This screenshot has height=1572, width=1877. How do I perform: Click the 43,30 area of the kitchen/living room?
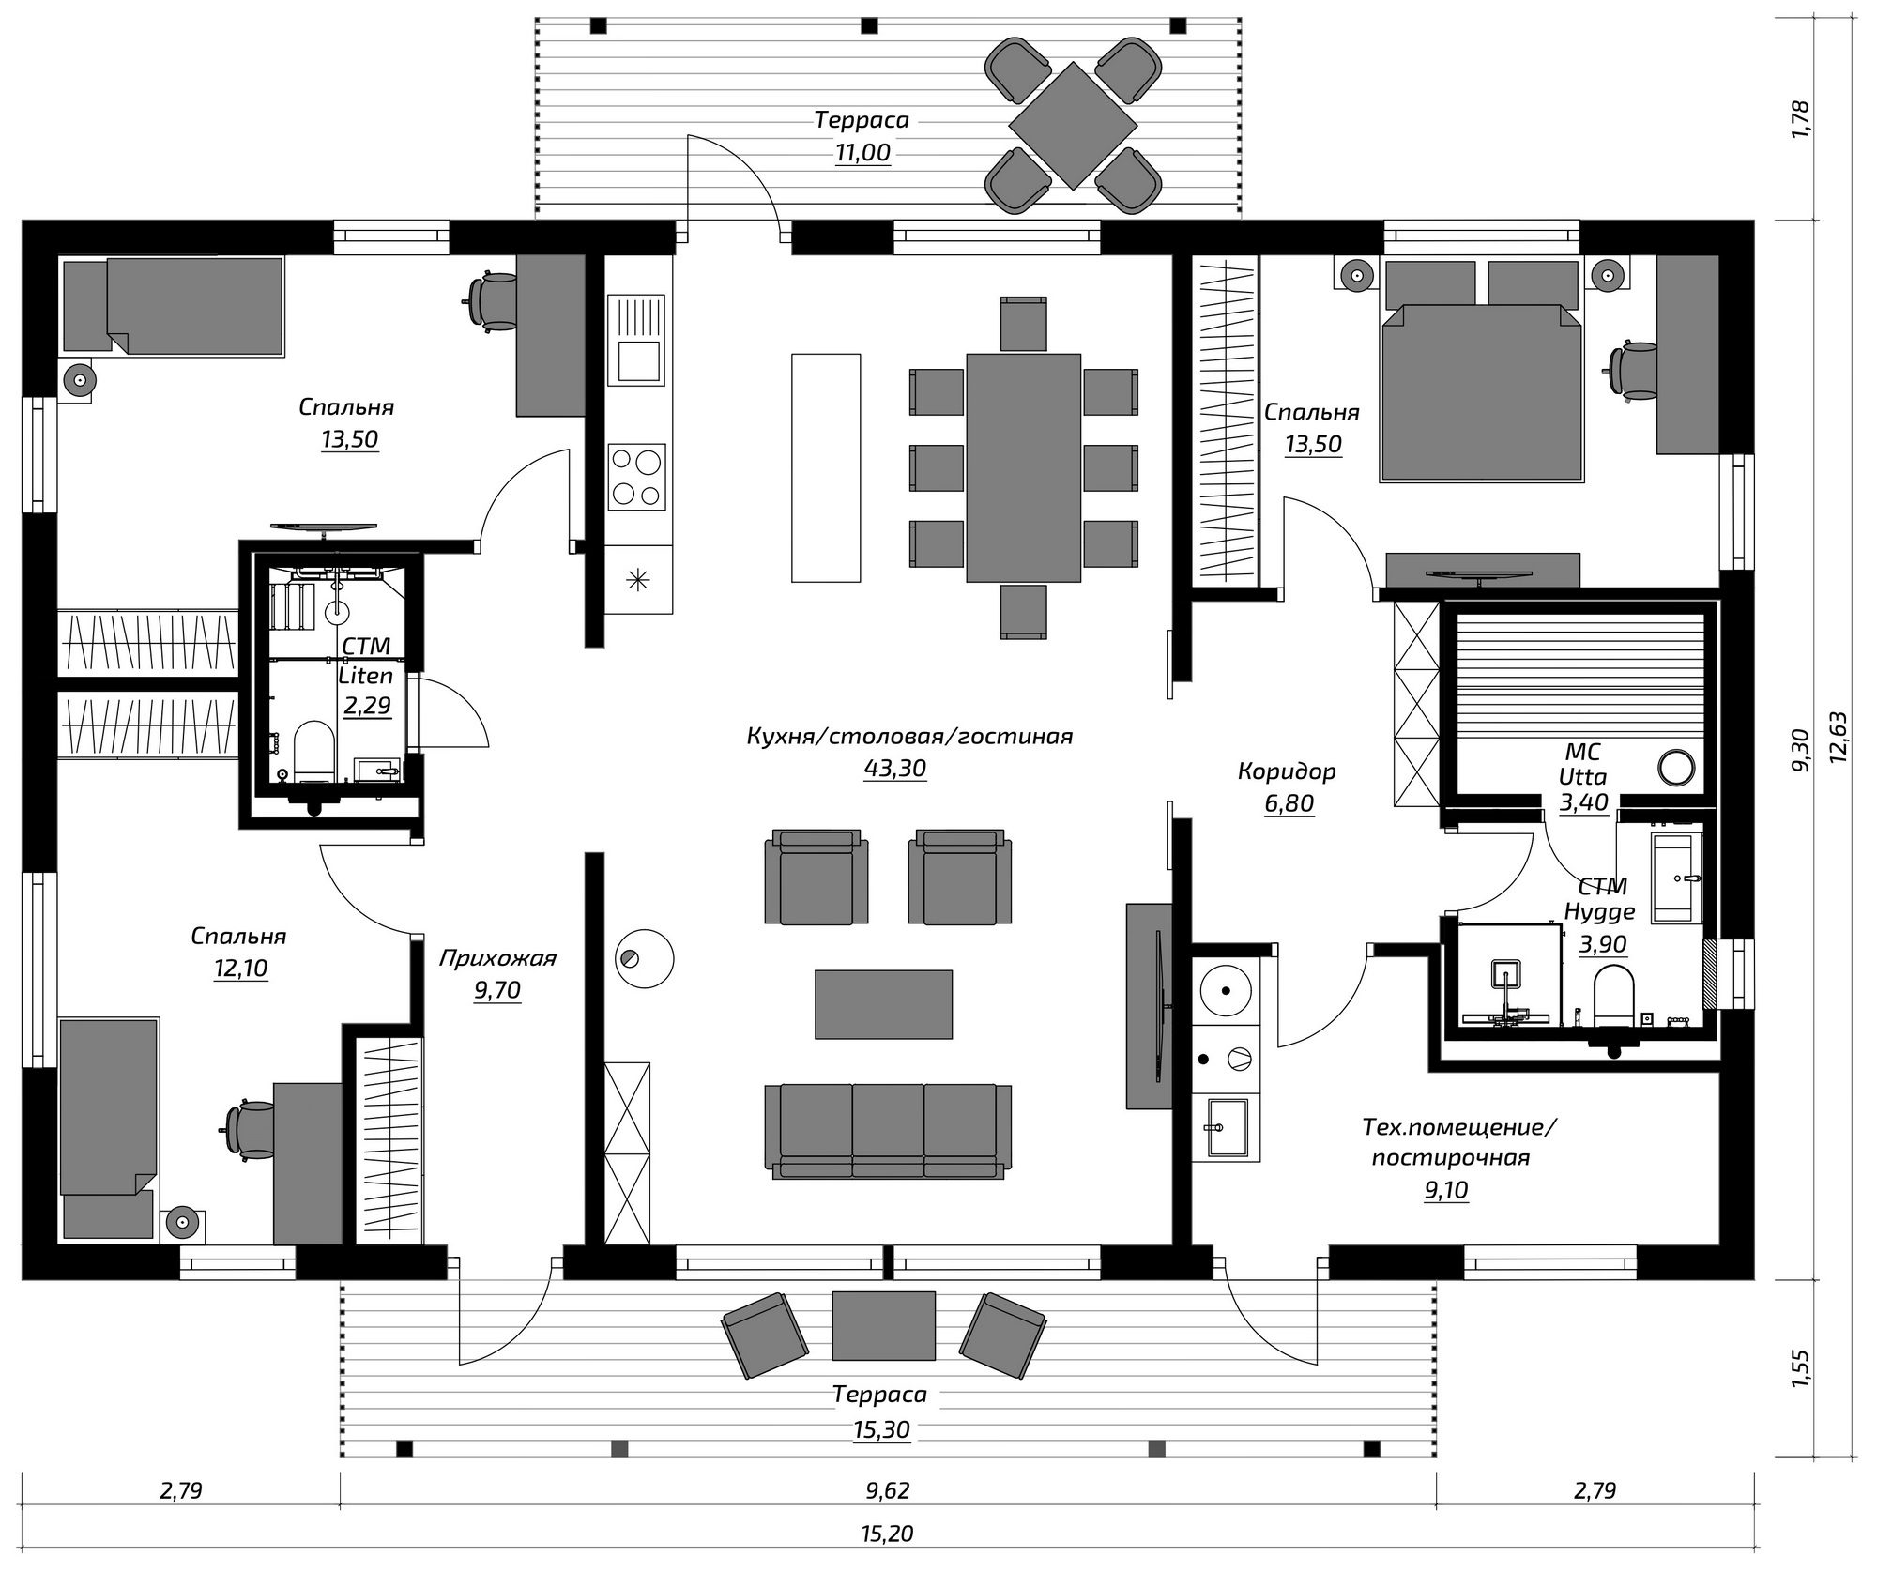tap(894, 769)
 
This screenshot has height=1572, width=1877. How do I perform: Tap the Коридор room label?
tap(1286, 771)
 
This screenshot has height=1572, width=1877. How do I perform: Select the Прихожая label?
tap(497, 958)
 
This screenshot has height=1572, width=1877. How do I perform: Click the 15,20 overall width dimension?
tap(886, 1534)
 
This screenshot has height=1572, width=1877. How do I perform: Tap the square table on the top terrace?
tap(1073, 126)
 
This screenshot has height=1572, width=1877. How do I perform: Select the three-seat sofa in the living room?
tap(888, 1130)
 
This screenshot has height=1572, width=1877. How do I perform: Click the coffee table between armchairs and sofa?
tap(883, 1004)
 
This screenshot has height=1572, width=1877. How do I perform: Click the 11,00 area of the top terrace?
tap(862, 153)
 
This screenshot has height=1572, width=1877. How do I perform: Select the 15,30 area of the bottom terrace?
tap(882, 1429)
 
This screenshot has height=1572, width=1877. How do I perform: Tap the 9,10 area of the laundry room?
tap(1446, 1190)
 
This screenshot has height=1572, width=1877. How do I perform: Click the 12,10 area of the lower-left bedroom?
tap(240, 968)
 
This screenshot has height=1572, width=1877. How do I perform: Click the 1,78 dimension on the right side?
tap(1799, 119)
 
